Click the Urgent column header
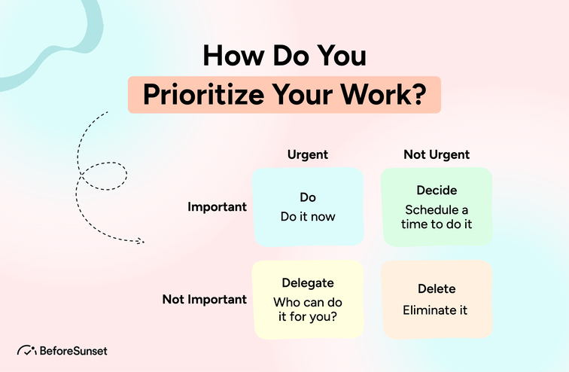pyautogui.click(x=307, y=154)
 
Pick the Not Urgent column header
pyautogui.click(x=437, y=154)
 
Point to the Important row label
pyautogui.click(x=217, y=207)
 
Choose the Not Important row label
pyautogui.click(x=204, y=299)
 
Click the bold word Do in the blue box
pyautogui.click(x=307, y=197)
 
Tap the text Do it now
pyautogui.click(x=307, y=217)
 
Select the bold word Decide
pyautogui.click(x=437, y=191)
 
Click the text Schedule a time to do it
pyautogui.click(x=437, y=217)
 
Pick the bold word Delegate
pyautogui.click(x=307, y=283)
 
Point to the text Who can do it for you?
pyautogui.click(x=307, y=309)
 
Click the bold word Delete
pyautogui.click(x=437, y=289)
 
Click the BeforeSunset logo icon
pyautogui.click(x=27, y=351)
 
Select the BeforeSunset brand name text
pyautogui.click(x=75, y=351)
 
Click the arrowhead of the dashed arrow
pyautogui.click(x=140, y=242)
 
